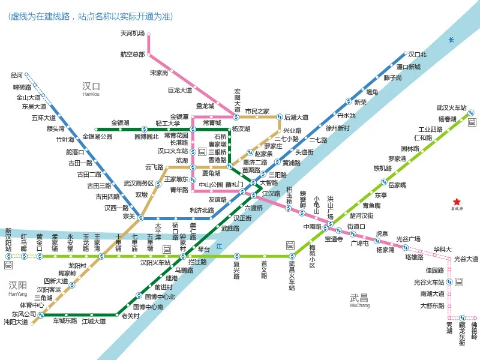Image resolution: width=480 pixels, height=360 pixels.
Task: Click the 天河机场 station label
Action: coord(132,34)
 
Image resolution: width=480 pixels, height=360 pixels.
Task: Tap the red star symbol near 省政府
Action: coord(457,202)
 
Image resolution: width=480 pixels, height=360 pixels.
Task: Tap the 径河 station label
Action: coord(17,76)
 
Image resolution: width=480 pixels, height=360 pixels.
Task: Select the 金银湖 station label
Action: coord(120,122)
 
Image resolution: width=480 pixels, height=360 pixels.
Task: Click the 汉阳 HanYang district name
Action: coord(17,285)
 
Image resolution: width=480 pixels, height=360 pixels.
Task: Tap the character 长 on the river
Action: coord(451,40)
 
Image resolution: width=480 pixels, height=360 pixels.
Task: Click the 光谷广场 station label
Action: coord(408,239)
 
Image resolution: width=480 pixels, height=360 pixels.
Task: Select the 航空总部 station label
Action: coord(132,54)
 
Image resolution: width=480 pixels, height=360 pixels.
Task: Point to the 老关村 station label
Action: coord(130,316)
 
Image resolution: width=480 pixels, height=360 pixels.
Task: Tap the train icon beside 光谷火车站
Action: coord(459,281)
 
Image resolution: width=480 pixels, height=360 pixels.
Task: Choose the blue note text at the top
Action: coord(86,17)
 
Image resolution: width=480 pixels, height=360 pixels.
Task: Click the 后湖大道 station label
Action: coord(296,117)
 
